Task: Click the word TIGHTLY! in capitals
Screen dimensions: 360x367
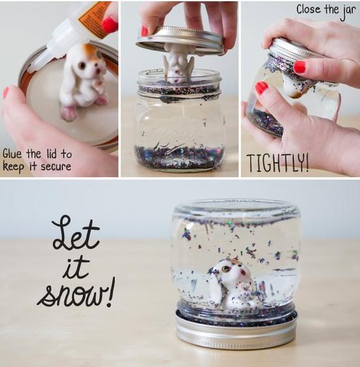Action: click(x=277, y=163)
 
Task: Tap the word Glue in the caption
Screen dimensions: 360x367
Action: click(x=12, y=154)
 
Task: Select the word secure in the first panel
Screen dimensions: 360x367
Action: click(x=56, y=167)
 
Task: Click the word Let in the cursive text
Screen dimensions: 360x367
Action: click(x=76, y=233)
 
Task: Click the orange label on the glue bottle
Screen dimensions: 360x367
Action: click(x=93, y=19)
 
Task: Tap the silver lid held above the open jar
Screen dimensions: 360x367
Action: click(x=180, y=40)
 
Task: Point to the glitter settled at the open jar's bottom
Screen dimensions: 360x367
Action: click(x=179, y=157)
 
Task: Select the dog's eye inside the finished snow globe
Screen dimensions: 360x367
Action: click(x=226, y=268)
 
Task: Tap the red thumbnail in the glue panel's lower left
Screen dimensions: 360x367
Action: click(x=6, y=93)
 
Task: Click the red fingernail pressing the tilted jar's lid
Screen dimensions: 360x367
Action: click(x=300, y=67)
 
